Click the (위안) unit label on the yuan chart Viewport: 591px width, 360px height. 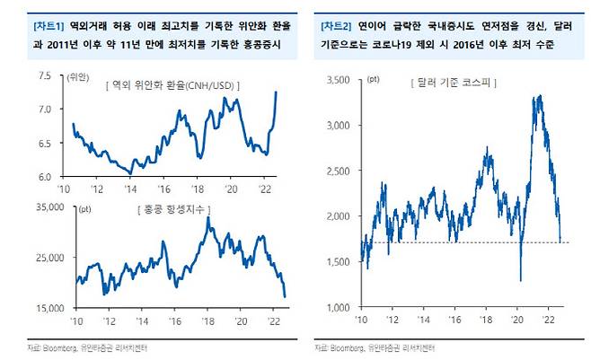point(79,79)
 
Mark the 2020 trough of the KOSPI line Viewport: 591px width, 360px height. point(521,280)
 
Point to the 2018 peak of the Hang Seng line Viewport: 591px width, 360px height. point(208,218)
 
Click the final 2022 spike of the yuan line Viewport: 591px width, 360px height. point(276,92)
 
